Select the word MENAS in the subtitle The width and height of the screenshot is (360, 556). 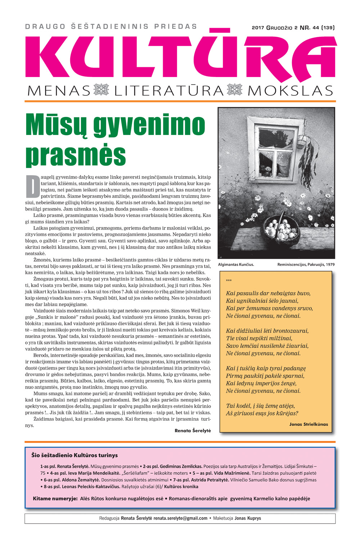tap(59, 91)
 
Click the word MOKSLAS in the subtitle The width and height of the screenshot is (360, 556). tap(290, 91)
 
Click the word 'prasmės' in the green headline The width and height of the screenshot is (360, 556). tap(76, 155)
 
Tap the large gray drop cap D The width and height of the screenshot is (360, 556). tap(32, 186)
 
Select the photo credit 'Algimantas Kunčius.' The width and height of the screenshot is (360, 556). tap(236, 265)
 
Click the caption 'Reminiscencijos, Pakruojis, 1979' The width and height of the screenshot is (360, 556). tap(306, 265)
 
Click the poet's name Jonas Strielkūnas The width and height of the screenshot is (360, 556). tap(309, 424)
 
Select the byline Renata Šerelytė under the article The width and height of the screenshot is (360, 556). tap(193, 430)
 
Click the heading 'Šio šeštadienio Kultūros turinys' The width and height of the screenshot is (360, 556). tap(75, 455)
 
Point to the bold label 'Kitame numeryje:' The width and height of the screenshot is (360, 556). tap(55, 499)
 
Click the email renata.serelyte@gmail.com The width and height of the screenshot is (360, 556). tap(180, 518)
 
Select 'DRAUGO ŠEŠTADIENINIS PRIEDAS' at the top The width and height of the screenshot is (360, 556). tap(111, 27)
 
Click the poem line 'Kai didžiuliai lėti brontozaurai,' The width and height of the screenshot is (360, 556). tap(267, 331)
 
